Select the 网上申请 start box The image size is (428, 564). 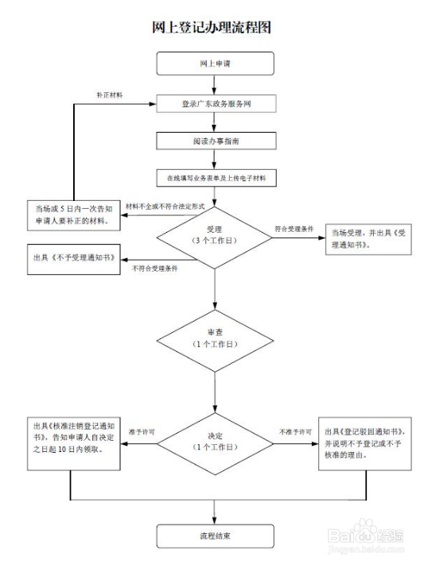click(216, 63)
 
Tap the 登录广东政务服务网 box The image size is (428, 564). click(216, 104)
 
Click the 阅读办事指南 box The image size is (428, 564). click(216, 141)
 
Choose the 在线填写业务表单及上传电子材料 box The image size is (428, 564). click(216, 178)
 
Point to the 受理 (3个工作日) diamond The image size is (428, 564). click(216, 234)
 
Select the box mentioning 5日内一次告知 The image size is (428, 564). click(71, 214)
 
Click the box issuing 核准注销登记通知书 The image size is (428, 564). click(71, 436)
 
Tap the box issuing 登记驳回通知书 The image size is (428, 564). click(365, 442)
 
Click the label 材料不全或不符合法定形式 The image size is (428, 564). click(165, 207)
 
